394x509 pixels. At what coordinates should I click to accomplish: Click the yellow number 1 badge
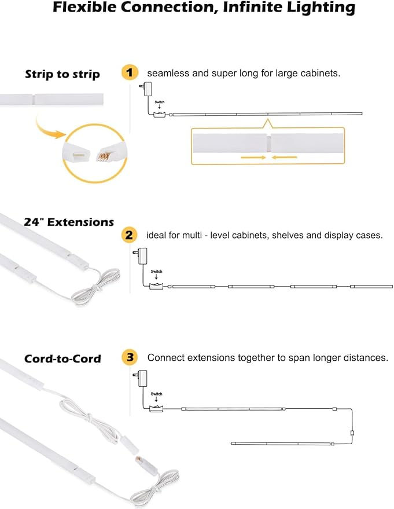[x=130, y=73]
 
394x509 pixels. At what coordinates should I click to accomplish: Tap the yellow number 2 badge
[x=129, y=235]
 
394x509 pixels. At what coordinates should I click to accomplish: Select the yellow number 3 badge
[x=130, y=357]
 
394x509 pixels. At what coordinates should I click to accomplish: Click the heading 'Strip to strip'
[x=62, y=74]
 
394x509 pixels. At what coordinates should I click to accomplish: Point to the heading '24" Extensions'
[x=69, y=222]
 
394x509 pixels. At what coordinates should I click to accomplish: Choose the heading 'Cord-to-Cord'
[x=62, y=359]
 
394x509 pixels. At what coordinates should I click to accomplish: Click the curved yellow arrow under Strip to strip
[x=49, y=127]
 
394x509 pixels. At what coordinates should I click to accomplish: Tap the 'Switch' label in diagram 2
[x=156, y=272]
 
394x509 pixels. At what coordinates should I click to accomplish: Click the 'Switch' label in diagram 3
[x=156, y=394]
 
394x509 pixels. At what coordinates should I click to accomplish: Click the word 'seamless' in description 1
[x=165, y=74]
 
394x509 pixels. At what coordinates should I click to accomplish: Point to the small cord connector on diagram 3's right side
[x=352, y=433]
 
